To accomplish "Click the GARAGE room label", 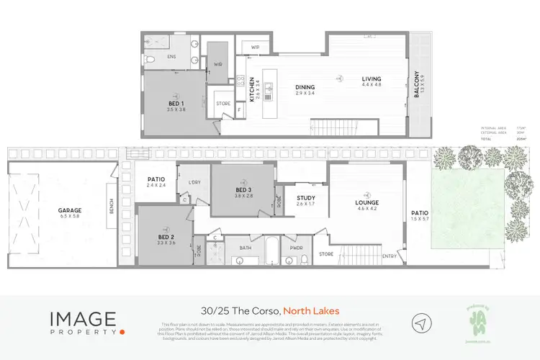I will click(70, 211).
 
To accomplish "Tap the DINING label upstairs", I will click(305, 88).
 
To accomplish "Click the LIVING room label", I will click(372, 79).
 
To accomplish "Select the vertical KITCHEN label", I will click(252, 90).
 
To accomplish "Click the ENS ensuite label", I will click(172, 56).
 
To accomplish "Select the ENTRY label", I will click(390, 256).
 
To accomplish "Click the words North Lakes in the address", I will click(311, 311).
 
